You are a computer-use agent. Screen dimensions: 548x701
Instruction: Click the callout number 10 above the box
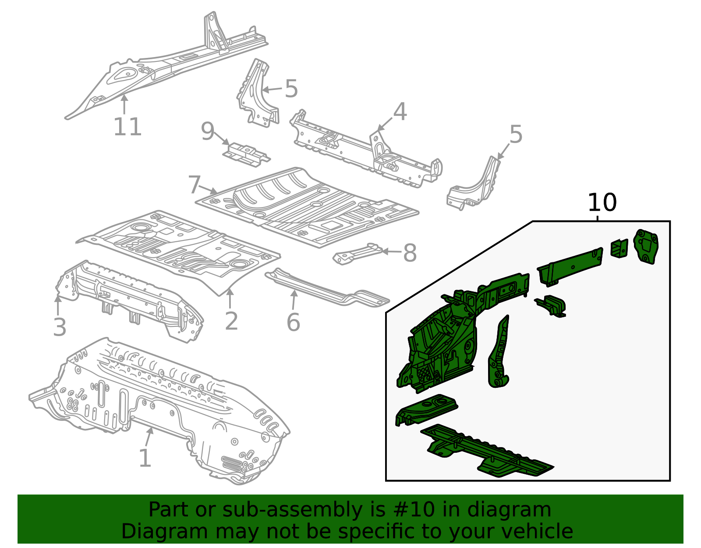click(x=602, y=203)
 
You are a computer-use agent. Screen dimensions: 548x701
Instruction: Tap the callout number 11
click(x=127, y=127)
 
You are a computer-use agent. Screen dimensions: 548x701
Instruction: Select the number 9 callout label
click(x=207, y=131)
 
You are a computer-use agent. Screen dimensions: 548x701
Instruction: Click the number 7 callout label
click(x=195, y=185)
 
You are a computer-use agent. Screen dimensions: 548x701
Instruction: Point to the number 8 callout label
click(x=410, y=253)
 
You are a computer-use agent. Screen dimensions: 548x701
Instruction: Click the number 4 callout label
click(x=400, y=112)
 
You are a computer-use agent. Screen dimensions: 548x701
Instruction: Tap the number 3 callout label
click(x=60, y=327)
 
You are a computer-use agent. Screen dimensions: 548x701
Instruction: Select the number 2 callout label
click(x=231, y=321)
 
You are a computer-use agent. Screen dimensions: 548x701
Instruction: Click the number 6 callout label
click(x=293, y=323)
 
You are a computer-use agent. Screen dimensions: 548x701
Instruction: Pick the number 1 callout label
click(x=145, y=458)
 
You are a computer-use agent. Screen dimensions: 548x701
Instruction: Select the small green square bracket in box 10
click(x=619, y=248)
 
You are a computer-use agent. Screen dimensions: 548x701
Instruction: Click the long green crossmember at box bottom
click(x=486, y=452)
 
